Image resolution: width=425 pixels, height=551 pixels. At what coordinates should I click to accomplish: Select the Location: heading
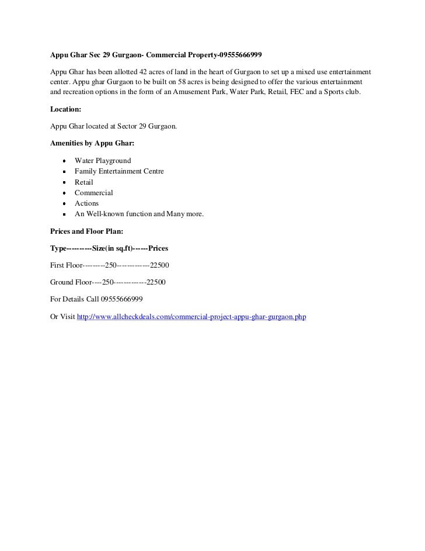pos(66,109)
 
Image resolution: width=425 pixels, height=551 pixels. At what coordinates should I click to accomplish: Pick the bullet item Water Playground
pos(103,161)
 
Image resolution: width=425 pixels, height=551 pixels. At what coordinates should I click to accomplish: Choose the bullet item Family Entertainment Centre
pos(119,171)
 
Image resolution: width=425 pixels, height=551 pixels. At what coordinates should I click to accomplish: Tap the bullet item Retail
pos(84,182)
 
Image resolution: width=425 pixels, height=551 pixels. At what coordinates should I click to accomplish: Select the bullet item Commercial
pos(93,193)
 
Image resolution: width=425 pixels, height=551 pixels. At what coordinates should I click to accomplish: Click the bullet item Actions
pos(86,203)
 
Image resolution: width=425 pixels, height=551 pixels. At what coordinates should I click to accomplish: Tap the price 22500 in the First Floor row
pos(159,265)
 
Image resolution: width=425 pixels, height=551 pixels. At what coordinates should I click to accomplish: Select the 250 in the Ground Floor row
pos(108,282)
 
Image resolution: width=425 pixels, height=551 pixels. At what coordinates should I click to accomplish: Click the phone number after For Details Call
pos(121,299)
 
